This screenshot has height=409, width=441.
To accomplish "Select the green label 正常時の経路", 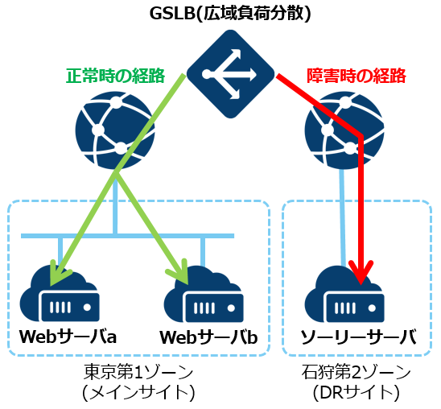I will (115, 76).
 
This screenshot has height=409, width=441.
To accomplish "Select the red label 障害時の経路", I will (355, 76).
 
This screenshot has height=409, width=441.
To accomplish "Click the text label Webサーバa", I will (68, 335).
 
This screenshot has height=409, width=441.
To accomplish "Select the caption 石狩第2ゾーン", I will (357, 373).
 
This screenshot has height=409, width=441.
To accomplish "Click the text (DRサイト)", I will (357, 392).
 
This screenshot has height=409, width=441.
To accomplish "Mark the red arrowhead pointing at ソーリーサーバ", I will (361, 277).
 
